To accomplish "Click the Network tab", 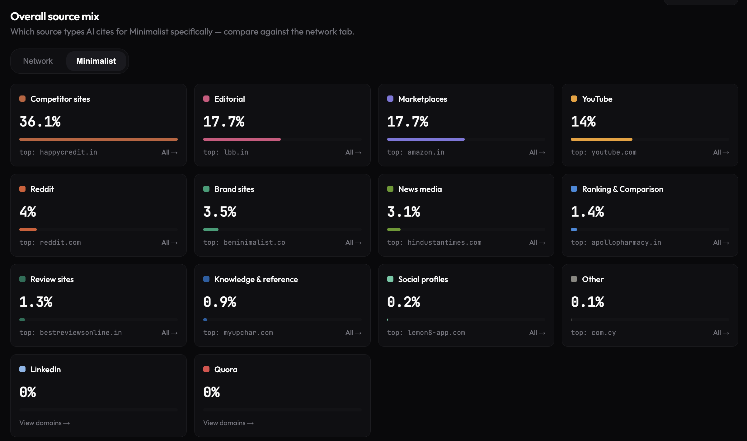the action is [38, 61].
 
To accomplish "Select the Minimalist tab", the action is [96, 61].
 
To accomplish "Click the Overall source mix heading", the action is [55, 16].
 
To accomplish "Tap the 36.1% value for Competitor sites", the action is [40, 121].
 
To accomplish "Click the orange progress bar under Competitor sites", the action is [98, 139].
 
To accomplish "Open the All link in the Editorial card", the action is [353, 152].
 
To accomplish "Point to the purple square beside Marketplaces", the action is [390, 99].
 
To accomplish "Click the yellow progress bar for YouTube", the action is [602, 139].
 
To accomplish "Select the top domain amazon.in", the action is [426, 152].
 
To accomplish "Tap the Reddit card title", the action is [42, 189].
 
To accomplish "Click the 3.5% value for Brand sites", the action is [220, 212].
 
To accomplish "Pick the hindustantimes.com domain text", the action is [444, 243].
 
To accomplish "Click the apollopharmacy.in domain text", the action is [626, 243].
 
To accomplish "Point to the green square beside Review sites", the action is [22, 279].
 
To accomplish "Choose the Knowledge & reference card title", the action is [256, 279].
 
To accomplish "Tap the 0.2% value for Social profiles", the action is [404, 302].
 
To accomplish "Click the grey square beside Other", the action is [574, 279].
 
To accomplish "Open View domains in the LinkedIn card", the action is [45, 423].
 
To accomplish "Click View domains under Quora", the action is [228, 423].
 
